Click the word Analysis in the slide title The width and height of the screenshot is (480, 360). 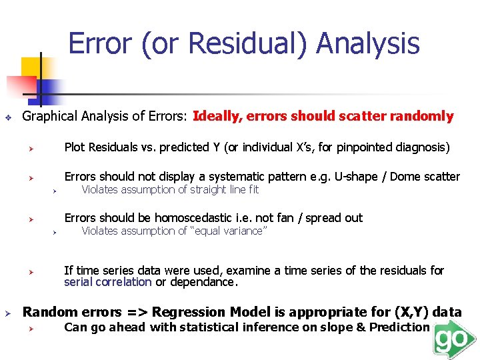(x=367, y=43)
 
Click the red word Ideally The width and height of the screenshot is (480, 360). (x=217, y=117)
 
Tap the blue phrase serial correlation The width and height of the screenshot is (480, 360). (x=107, y=282)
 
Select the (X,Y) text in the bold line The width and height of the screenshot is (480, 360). (x=412, y=312)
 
